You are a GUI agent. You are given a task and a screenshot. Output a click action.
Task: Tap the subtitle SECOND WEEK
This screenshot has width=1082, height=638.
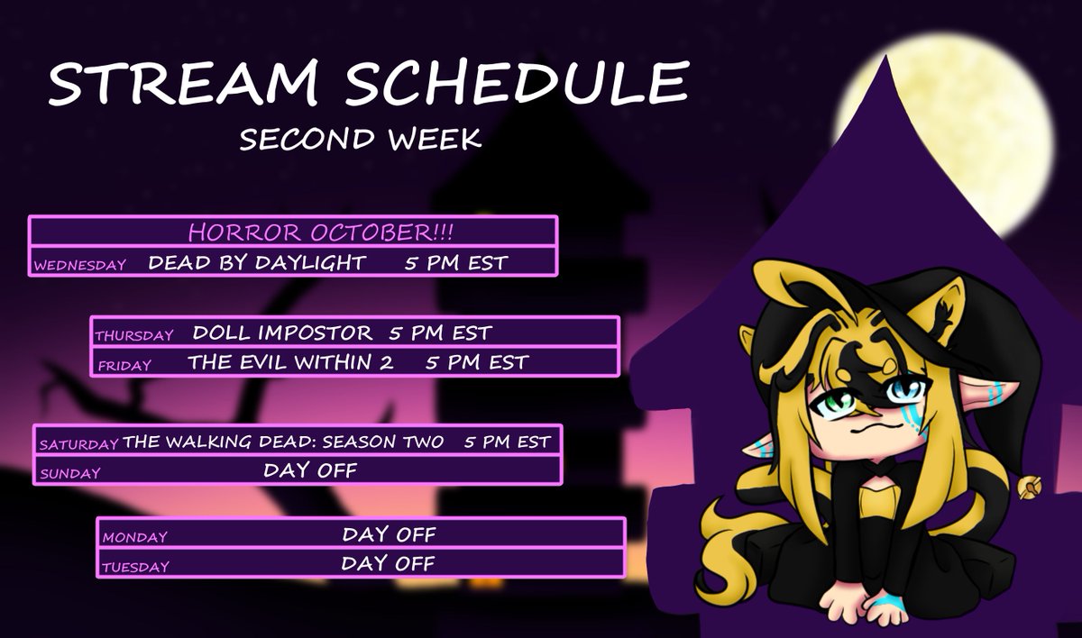361,140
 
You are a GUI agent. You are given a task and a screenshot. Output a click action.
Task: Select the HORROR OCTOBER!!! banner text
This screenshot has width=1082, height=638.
320,232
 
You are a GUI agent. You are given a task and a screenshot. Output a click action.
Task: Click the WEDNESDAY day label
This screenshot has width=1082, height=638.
80,266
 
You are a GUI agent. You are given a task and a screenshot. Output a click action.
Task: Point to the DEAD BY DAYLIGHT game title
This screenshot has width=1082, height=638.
257,263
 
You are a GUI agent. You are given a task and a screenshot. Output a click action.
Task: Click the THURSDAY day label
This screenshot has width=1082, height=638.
133,335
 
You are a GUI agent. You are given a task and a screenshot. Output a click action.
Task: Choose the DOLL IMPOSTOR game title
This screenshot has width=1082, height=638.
282,333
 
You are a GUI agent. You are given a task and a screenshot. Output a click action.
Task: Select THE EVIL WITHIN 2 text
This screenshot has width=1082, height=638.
291,362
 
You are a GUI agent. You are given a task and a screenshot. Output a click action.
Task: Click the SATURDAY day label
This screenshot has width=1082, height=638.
78,444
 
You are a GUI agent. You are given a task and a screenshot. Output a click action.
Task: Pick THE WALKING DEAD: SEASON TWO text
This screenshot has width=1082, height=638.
283,442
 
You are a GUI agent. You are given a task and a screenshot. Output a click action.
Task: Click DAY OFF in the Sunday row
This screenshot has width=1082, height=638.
311,469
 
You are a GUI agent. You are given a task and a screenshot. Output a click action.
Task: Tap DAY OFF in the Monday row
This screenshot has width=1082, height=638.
389,534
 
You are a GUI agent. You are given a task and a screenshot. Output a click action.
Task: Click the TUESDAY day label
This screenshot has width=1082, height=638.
135,568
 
